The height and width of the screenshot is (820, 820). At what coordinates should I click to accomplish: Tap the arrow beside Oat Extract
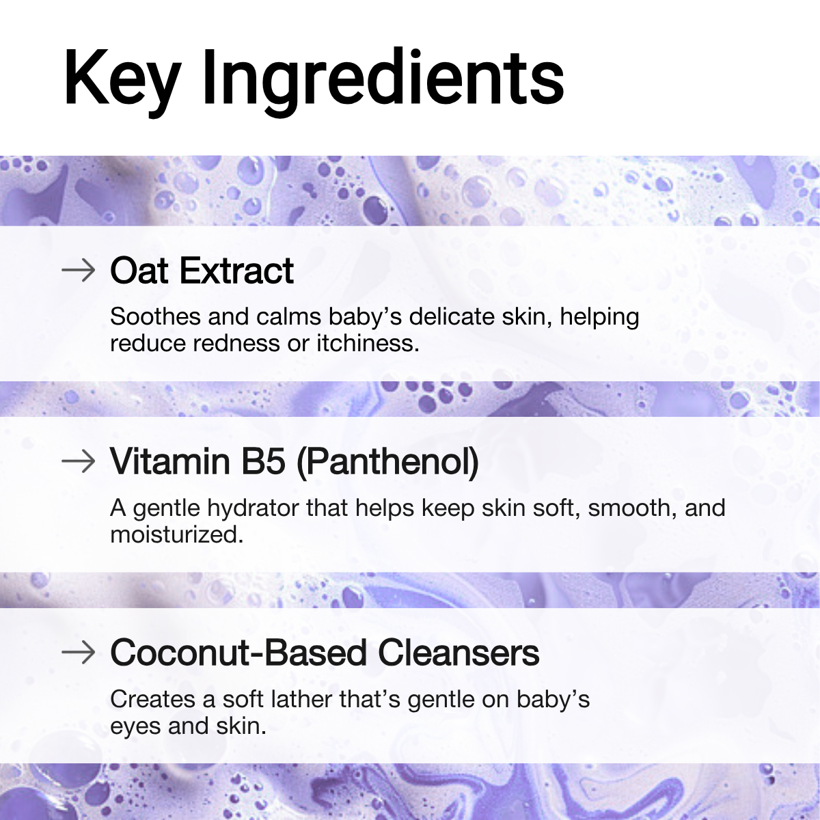point(79,270)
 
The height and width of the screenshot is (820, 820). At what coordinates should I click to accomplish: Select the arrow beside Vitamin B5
point(79,461)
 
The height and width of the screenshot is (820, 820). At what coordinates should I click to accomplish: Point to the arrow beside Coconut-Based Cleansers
point(79,652)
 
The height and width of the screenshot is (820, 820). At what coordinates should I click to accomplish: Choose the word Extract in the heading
point(236,270)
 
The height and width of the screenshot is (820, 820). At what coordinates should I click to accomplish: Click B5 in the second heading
point(263,461)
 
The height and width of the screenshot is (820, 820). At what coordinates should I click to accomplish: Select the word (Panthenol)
point(387,463)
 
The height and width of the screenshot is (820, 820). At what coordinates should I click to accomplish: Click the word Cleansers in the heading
point(459,653)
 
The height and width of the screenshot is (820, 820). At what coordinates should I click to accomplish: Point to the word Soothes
point(155,316)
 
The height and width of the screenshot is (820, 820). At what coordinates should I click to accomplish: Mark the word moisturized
point(177,534)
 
